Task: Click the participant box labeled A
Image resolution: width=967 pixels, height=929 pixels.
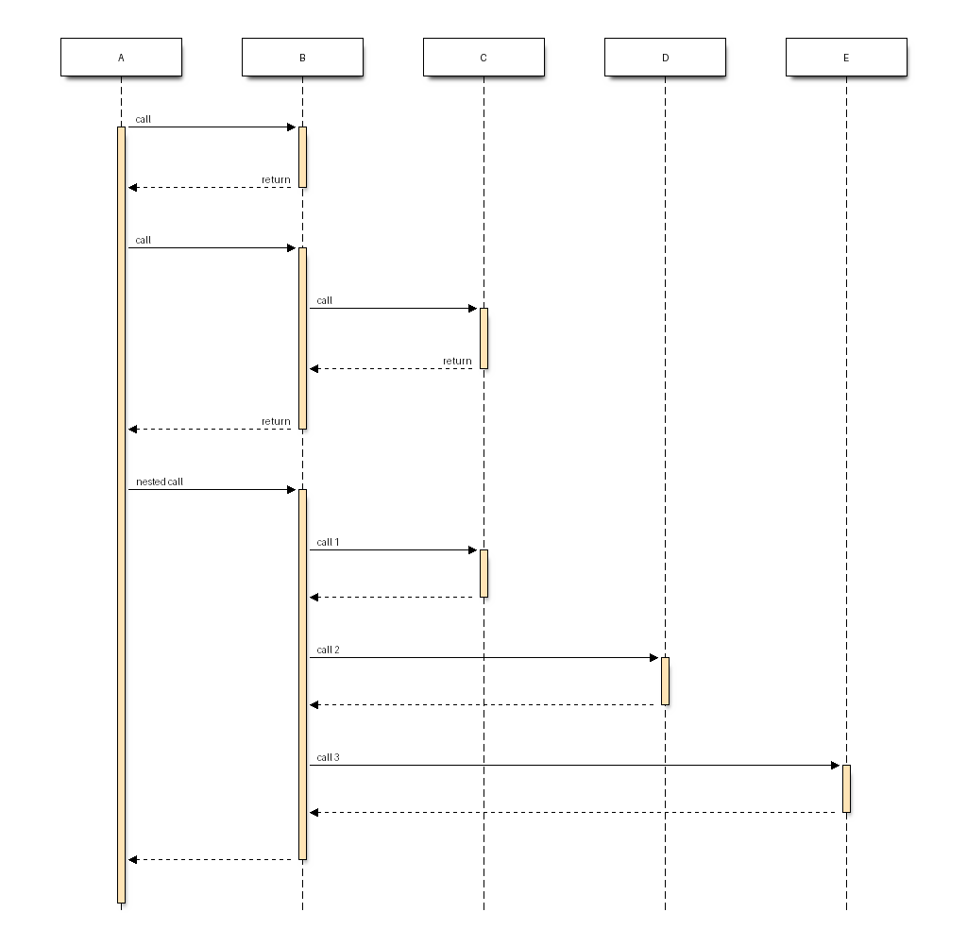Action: [x=121, y=58]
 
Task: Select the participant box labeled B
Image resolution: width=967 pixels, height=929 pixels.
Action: [x=302, y=58]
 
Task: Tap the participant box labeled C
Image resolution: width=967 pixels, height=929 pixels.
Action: [x=483, y=58]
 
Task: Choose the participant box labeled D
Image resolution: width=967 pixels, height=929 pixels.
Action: [x=665, y=58]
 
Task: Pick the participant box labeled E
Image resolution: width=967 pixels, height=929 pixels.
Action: [x=846, y=58]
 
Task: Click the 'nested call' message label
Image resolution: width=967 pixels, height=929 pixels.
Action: [x=159, y=481]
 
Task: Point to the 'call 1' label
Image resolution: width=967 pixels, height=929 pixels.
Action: [x=328, y=542]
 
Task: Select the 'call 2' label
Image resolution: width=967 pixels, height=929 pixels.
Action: [x=328, y=650]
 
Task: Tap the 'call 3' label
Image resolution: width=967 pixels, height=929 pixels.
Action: [x=328, y=757]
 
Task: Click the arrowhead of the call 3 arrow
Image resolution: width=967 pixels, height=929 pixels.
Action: [x=840, y=766]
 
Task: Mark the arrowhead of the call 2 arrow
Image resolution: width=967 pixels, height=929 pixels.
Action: [x=658, y=658]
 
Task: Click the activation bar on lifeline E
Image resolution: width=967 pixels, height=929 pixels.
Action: [x=847, y=789]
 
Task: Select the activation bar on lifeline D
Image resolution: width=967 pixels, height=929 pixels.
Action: [x=666, y=682]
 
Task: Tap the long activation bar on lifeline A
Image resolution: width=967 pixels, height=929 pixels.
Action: [x=122, y=515]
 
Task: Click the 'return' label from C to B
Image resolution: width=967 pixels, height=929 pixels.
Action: [x=457, y=361]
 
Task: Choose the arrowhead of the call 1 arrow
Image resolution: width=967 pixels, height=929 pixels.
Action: [x=477, y=549]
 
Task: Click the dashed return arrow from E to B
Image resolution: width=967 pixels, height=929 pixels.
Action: [x=576, y=813]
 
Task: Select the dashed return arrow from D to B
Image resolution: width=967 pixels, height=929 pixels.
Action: [x=485, y=704]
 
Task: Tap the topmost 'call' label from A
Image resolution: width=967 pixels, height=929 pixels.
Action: [x=144, y=119]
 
